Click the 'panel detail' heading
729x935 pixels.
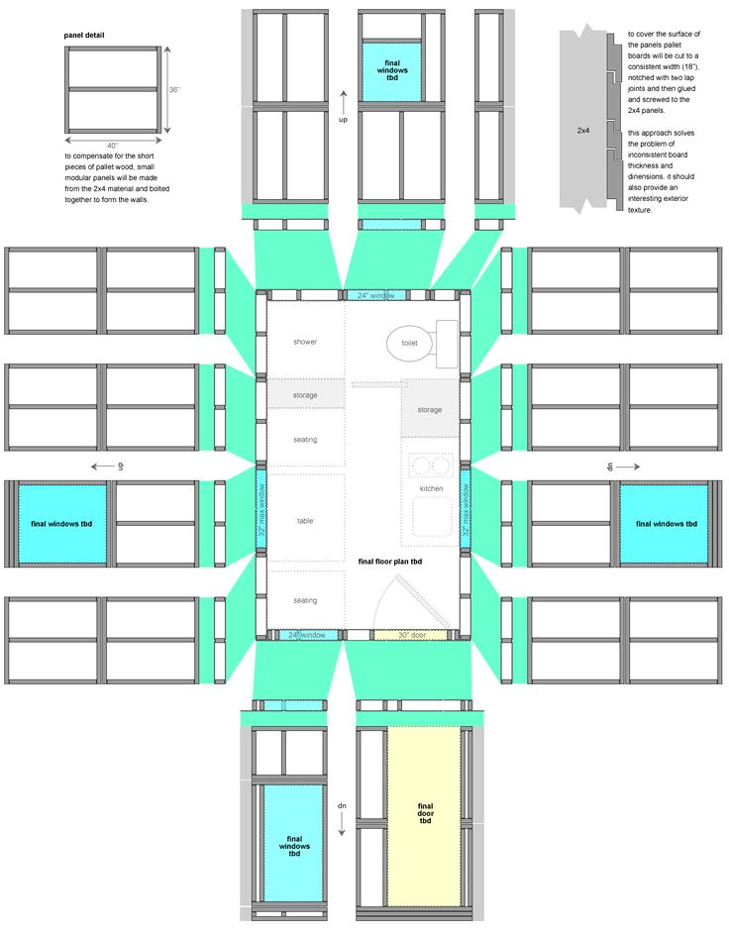[x=85, y=36]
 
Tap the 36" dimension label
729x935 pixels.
[x=174, y=90]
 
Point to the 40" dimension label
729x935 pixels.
[x=112, y=146]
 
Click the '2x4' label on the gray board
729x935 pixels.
[x=585, y=130]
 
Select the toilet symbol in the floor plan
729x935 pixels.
[x=410, y=342]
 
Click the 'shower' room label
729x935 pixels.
[x=305, y=342]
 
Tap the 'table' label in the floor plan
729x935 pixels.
[x=305, y=521]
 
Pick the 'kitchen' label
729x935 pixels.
[x=432, y=489]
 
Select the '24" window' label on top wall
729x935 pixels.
[x=376, y=296]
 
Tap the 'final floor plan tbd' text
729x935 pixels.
[x=390, y=562]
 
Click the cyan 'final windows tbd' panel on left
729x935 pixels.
[x=61, y=524]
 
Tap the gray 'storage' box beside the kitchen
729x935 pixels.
[x=429, y=410]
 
